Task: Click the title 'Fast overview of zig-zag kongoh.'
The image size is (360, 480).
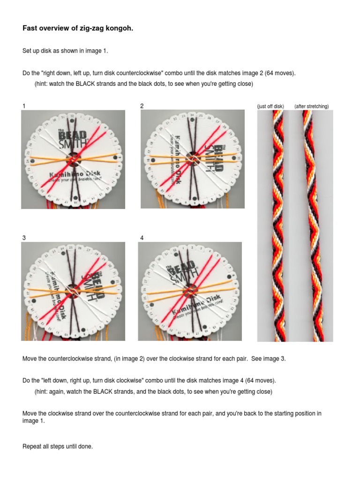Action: tap(78, 29)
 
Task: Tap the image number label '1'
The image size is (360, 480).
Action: tap(24, 106)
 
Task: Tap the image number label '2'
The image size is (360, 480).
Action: tap(142, 106)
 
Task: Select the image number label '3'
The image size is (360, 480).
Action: tap(24, 238)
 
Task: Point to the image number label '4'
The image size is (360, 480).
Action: tap(142, 238)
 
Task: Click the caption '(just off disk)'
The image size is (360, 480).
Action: tap(270, 106)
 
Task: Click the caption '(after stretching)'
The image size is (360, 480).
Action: tap(311, 106)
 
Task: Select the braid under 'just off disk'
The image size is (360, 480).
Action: tap(277, 225)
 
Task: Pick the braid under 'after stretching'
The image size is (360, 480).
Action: tap(312, 225)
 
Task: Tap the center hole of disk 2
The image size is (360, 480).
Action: tap(192, 158)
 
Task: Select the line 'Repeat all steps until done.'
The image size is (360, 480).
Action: tap(58, 447)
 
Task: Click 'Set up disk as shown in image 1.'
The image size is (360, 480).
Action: tap(65, 51)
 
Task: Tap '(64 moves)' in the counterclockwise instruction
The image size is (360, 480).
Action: tap(280, 74)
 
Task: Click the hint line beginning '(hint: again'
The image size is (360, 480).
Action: tap(153, 391)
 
